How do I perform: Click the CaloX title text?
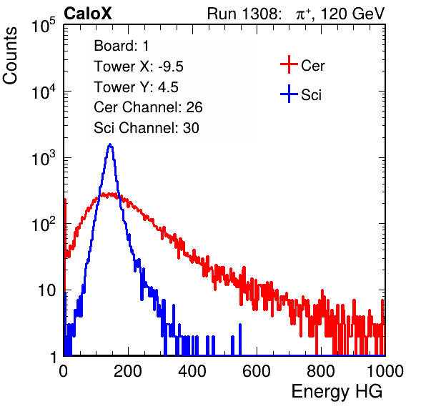click(88, 14)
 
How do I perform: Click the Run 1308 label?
click(243, 14)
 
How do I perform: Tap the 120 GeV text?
click(353, 14)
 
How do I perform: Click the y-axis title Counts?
click(10, 56)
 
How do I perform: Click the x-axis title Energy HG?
click(337, 392)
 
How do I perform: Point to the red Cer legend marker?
click(289, 64)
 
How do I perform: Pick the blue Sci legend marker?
click(289, 94)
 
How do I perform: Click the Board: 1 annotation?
click(122, 46)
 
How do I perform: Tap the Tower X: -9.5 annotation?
click(139, 66)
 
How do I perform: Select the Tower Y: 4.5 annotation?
click(136, 87)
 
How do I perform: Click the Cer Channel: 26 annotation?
click(148, 107)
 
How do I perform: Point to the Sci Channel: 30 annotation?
click(147, 128)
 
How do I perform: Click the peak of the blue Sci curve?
click(110, 144)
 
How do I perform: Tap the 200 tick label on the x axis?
click(128, 371)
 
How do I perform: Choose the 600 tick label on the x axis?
click(257, 371)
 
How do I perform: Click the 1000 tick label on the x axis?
click(385, 371)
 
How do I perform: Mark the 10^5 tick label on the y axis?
click(44, 25)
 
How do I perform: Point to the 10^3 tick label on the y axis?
click(44, 157)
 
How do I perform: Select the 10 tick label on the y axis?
click(47, 290)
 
